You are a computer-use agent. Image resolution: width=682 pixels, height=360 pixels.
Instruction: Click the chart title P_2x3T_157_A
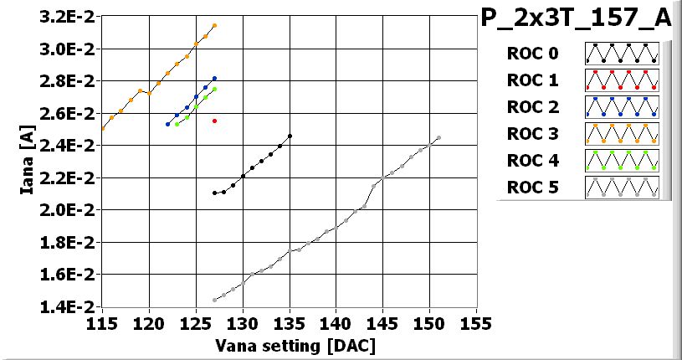point(577,18)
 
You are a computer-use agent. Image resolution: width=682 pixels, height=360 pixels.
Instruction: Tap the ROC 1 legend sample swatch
point(622,80)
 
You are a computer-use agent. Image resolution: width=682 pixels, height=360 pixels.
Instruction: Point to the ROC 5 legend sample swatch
point(622,187)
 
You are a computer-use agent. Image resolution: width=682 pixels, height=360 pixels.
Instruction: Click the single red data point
point(215,121)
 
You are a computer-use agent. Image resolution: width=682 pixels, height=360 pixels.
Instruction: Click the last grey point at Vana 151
point(438,137)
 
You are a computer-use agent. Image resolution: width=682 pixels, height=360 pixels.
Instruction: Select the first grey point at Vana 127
point(215,300)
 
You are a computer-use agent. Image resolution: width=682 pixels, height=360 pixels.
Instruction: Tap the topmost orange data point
point(215,26)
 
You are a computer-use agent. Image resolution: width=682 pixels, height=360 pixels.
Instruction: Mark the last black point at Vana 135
point(290,136)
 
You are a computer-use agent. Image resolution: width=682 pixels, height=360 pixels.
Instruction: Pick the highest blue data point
point(215,78)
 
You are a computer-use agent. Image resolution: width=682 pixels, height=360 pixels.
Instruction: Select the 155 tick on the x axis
point(476,323)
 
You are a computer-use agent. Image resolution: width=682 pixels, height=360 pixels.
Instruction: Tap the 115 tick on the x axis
point(102,323)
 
